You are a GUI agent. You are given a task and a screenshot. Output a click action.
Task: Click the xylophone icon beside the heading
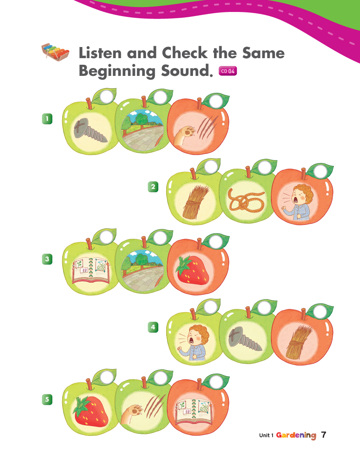55,52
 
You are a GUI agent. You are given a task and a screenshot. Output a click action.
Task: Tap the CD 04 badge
228,71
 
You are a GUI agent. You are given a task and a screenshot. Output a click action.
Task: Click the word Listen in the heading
100,53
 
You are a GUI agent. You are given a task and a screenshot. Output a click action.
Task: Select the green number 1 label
47,119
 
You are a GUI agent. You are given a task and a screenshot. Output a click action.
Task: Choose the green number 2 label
153,187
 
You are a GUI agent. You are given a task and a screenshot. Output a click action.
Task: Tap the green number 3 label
47,259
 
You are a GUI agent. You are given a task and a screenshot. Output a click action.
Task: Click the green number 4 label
153,327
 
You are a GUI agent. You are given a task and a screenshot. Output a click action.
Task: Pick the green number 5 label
47,399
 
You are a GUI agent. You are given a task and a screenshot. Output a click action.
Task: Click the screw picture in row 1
90,130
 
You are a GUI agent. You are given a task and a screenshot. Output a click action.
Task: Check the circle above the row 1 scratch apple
216,100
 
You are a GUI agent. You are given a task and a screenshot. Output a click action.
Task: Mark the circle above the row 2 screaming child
320,171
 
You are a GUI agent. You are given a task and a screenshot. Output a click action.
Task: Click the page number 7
323,435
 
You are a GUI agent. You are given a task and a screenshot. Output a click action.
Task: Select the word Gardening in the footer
296,435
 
